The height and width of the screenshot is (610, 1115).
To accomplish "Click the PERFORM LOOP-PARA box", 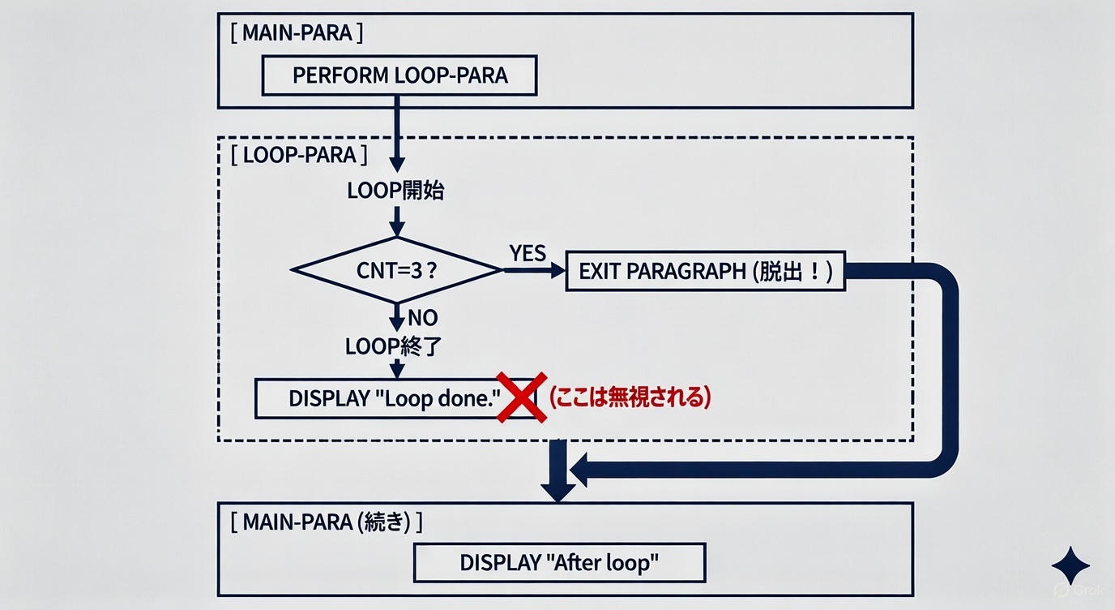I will [399, 75].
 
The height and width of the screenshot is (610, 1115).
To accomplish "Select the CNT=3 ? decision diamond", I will [397, 270].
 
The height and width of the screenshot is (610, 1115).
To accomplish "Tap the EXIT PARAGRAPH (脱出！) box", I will [705, 271].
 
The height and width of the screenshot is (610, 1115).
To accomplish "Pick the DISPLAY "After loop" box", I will [559, 562].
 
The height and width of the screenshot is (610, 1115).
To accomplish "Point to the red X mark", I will [521, 397].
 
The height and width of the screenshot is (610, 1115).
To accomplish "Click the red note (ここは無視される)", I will [630, 397].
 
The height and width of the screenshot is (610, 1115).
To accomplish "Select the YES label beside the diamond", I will [528, 254].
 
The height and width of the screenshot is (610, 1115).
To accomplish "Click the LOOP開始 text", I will [395, 191].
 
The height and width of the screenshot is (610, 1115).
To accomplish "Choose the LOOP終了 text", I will [393, 346].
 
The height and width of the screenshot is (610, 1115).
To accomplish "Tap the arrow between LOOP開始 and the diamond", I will [397, 221].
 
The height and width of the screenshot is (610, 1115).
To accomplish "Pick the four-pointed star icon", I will [1070, 565].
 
